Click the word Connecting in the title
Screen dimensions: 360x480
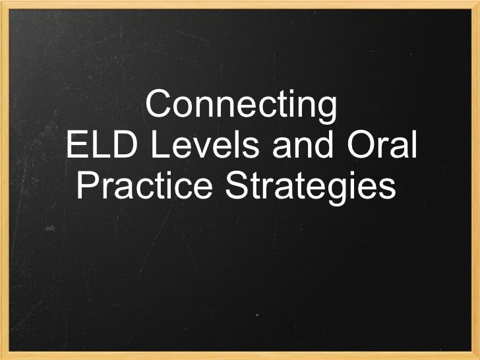[241, 107]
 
